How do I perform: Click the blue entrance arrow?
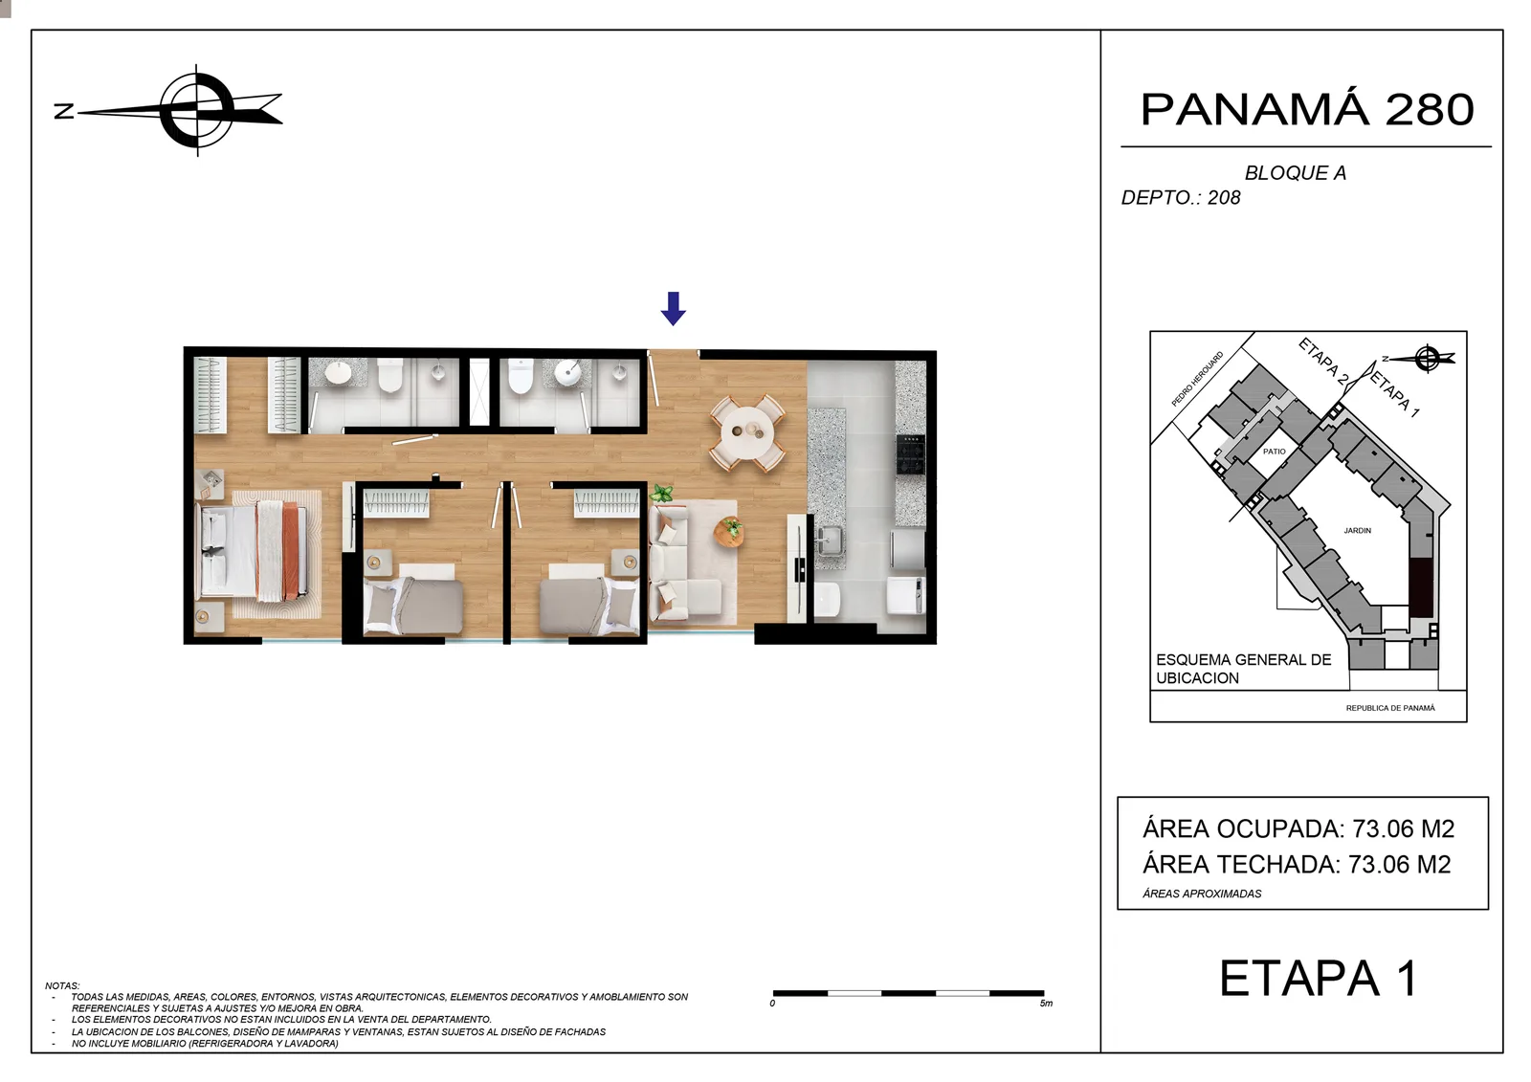(x=674, y=308)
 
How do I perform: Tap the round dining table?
(x=747, y=432)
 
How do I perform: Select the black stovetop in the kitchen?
(x=910, y=454)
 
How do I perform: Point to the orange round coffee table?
(x=728, y=533)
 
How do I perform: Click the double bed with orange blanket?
(x=258, y=552)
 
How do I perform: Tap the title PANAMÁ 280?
(x=1307, y=109)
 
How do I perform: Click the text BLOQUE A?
(x=1296, y=173)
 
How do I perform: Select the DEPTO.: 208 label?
(x=1181, y=197)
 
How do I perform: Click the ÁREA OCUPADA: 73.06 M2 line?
(x=1298, y=829)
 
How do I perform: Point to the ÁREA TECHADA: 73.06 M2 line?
(x=1297, y=865)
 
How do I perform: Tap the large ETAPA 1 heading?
(x=1319, y=978)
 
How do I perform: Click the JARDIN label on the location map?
(x=1358, y=530)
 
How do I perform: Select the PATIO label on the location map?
(x=1274, y=452)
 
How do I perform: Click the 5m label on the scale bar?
(x=1046, y=1005)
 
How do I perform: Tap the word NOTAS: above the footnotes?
(x=62, y=985)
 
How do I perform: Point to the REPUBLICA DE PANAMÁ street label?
(x=1390, y=708)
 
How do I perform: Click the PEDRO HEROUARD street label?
(x=1197, y=379)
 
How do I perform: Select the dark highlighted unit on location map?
(x=1422, y=587)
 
